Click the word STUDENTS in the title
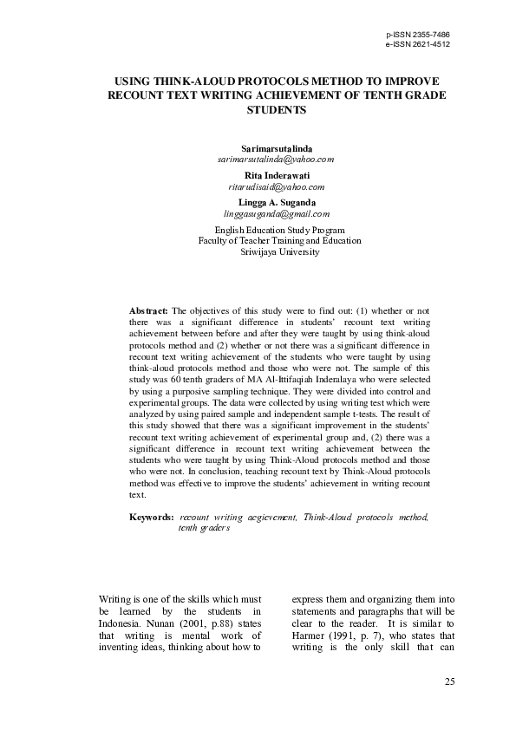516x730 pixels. click(x=277, y=111)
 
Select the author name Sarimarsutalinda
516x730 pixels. click(x=276, y=149)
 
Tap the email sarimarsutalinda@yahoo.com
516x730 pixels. click(x=276, y=160)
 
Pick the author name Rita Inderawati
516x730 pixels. click(x=276, y=176)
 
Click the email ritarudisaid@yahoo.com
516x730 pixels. click(x=276, y=186)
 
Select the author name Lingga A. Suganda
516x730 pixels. click(x=276, y=203)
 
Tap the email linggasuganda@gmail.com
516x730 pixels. click(x=276, y=213)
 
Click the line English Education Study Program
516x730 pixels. click(x=276, y=230)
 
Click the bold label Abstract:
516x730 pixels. click(x=148, y=310)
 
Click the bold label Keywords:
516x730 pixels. click(x=151, y=517)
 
